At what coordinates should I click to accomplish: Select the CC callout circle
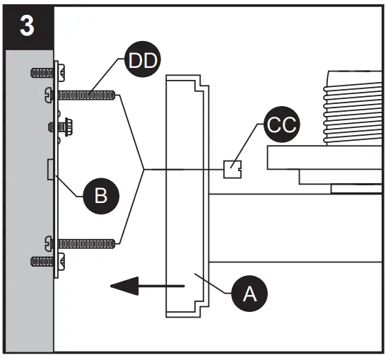coord(282,127)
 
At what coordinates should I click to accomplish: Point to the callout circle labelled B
coord(101,196)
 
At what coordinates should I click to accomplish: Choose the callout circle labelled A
coord(249,294)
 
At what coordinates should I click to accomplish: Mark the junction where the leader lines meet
coord(143,169)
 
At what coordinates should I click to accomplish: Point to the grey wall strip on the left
coord(28,212)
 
